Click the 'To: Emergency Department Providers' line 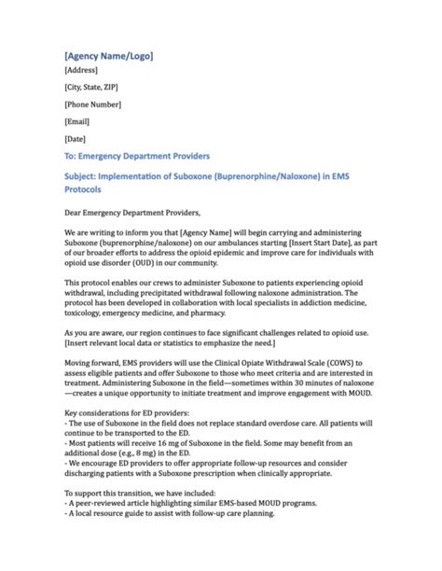click(x=137, y=155)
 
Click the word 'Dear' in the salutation click(x=76, y=213)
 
